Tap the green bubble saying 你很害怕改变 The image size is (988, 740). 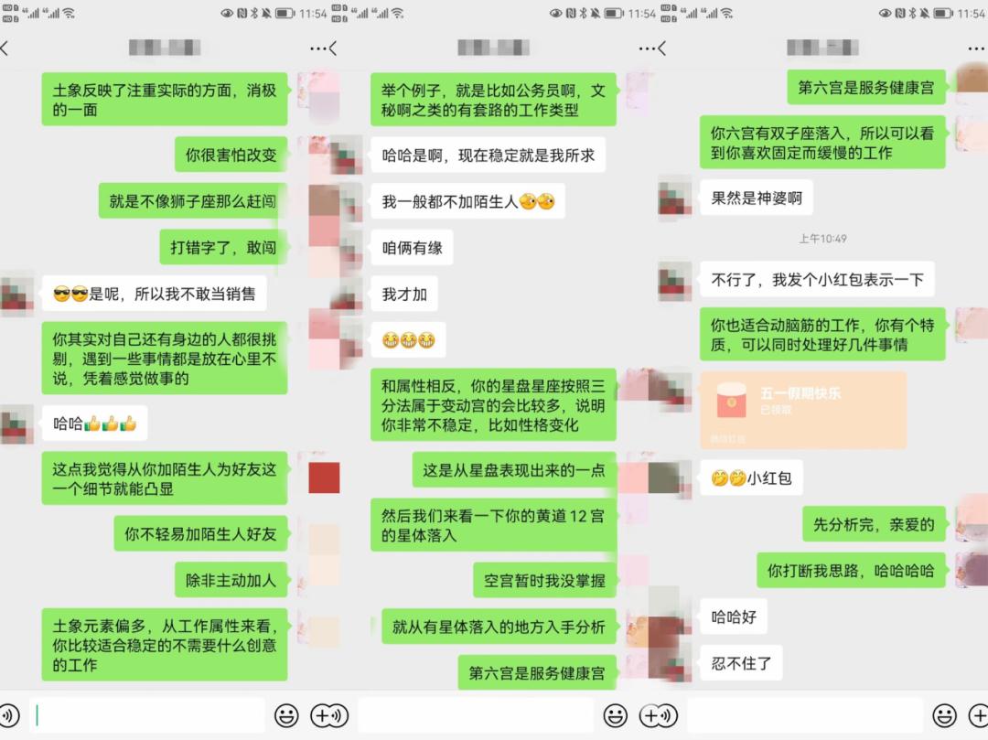pyautogui.click(x=231, y=156)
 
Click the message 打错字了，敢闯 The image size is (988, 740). pyautogui.click(x=223, y=247)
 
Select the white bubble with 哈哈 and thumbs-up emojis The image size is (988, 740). pyautogui.click(x=94, y=424)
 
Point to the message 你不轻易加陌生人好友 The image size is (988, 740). pyautogui.click(x=201, y=534)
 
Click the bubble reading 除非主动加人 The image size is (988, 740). pyautogui.click(x=231, y=580)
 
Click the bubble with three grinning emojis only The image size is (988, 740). pyautogui.click(x=408, y=340)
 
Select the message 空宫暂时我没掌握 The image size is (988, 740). pyautogui.click(x=544, y=580)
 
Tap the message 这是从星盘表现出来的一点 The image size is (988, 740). pyautogui.click(x=514, y=470)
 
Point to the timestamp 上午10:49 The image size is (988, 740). pyautogui.click(x=822, y=239)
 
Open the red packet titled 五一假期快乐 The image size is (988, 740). pyautogui.click(x=802, y=410)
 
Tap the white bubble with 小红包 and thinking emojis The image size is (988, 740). pyautogui.click(x=751, y=477)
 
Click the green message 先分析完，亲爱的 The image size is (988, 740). pyautogui.click(x=874, y=524)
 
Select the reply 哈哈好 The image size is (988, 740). pyautogui.click(x=734, y=617)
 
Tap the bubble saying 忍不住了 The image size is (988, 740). pyautogui.click(x=741, y=663)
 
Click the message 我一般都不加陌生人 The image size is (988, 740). pyautogui.click(x=467, y=201)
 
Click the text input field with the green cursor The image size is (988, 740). pyautogui.click(x=146, y=715)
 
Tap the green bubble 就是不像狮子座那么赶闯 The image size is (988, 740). pyautogui.click(x=192, y=201)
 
